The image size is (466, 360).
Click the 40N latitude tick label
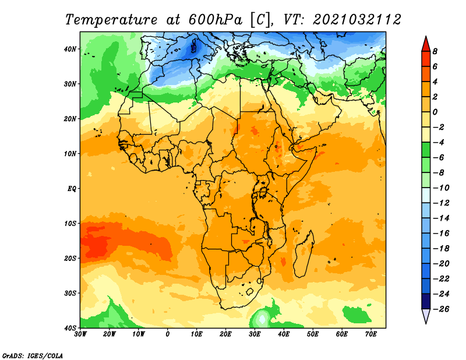pyautogui.click(x=70, y=49)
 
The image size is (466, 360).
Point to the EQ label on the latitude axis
pyautogui.click(x=72, y=189)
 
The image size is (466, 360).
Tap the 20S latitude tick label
pyautogui.click(x=70, y=258)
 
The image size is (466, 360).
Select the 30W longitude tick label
pyautogui.click(x=80, y=334)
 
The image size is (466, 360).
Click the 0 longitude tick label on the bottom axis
pyautogui.click(x=168, y=334)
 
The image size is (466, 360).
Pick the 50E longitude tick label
pyautogui.click(x=313, y=334)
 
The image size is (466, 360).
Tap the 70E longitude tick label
pyautogui.click(x=371, y=334)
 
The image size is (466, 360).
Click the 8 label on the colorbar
pyautogui.click(x=435, y=51)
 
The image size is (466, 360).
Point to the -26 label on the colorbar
pyautogui.click(x=441, y=309)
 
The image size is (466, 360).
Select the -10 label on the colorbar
pyautogui.click(x=441, y=188)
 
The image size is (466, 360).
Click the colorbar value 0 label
pyautogui.click(x=435, y=112)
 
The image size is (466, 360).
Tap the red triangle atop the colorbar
pyautogui.click(x=426, y=44)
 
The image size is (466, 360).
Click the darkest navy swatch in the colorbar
pyautogui.click(x=426, y=301)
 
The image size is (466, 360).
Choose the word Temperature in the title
pyautogui.click(x=111, y=20)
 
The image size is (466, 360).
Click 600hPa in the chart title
pyautogui.click(x=216, y=20)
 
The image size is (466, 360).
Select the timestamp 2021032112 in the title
pyautogui.click(x=357, y=20)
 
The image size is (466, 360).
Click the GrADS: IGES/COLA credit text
pyautogui.click(x=33, y=356)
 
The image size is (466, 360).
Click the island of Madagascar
pyautogui.click(x=304, y=253)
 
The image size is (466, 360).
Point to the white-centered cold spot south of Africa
pyautogui.click(x=262, y=319)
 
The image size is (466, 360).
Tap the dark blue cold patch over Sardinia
pyautogui.click(x=194, y=48)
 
